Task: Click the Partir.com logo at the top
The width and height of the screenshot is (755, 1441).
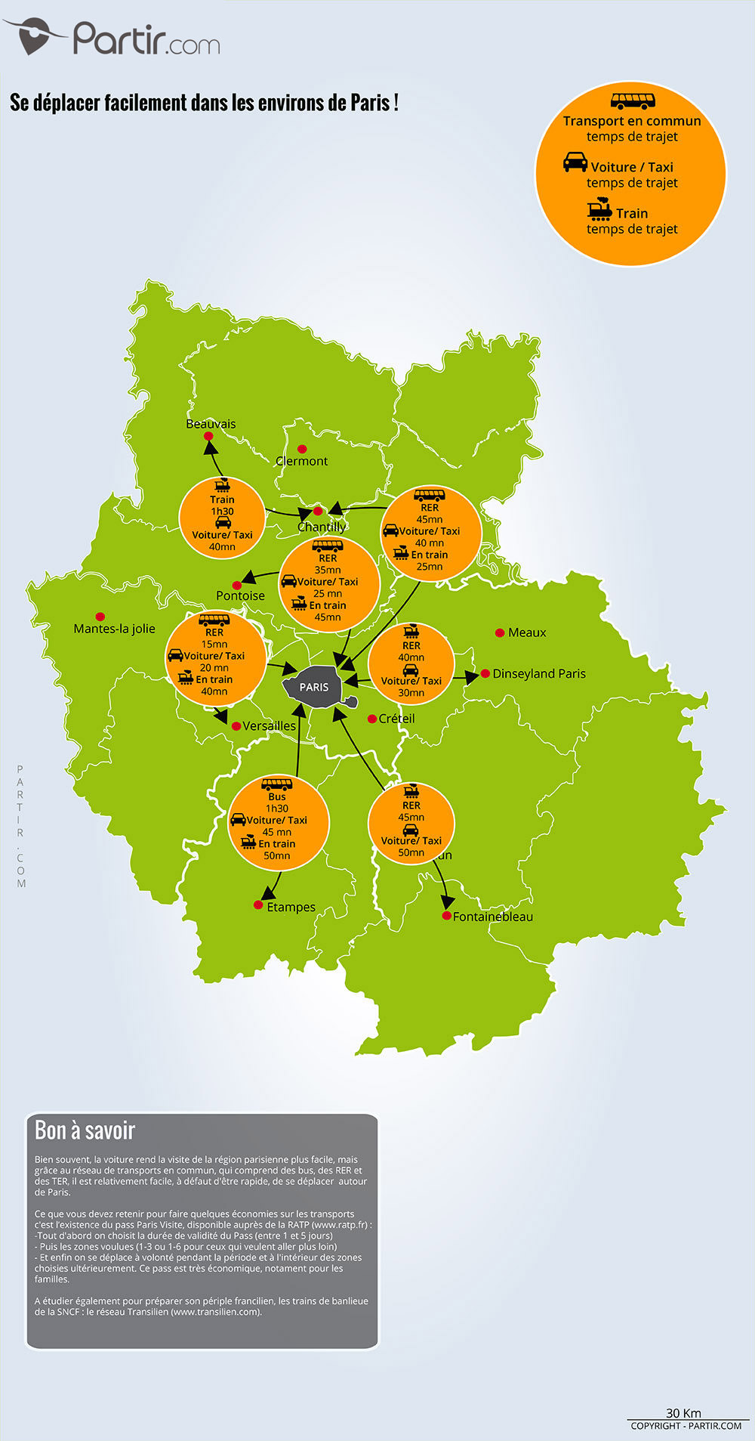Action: pyautogui.click(x=113, y=38)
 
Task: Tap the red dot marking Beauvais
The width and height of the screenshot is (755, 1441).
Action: pyautogui.click(x=208, y=436)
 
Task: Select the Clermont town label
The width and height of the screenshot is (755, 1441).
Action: pyautogui.click(x=301, y=461)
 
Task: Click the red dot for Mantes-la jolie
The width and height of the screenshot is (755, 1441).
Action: pyautogui.click(x=100, y=617)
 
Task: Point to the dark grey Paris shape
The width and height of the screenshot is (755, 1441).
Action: pyautogui.click(x=314, y=687)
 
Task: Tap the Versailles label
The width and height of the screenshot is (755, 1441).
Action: pyautogui.click(x=269, y=726)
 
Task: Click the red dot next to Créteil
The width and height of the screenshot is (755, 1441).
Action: pyautogui.click(x=371, y=719)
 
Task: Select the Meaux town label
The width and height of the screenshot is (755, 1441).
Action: pyautogui.click(x=527, y=632)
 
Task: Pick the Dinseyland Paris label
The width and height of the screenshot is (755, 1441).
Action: pyautogui.click(x=539, y=673)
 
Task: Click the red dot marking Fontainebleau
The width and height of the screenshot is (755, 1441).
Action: pyautogui.click(x=447, y=916)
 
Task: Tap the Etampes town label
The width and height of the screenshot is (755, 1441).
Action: pyautogui.click(x=291, y=907)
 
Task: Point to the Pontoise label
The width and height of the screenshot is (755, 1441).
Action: pyautogui.click(x=240, y=595)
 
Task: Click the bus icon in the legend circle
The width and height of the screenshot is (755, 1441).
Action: pyautogui.click(x=633, y=100)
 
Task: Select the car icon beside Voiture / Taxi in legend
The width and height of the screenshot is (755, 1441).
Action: pyautogui.click(x=575, y=162)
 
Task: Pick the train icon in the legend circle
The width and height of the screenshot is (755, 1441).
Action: pyautogui.click(x=599, y=209)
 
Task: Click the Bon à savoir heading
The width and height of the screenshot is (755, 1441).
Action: pyautogui.click(x=85, y=1130)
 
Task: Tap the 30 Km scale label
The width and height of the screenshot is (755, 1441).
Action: pyautogui.click(x=683, y=1413)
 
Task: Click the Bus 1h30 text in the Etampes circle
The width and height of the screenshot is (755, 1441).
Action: pyautogui.click(x=277, y=802)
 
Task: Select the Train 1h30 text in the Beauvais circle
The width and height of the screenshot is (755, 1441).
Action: pyautogui.click(x=222, y=506)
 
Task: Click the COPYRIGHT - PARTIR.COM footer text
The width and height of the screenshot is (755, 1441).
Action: pyautogui.click(x=686, y=1426)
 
